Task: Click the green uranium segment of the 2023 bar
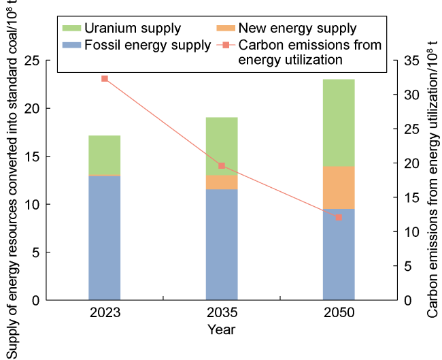[105, 154]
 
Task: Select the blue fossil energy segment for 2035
[222, 244]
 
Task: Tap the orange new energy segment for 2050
[339, 187]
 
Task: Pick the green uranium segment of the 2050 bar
[339, 122]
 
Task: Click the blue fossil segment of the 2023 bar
[105, 238]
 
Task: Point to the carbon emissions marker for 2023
[105, 79]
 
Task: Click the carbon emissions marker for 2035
[222, 166]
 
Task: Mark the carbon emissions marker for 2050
[339, 217]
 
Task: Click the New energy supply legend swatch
[227, 29]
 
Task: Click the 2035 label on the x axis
[222, 314]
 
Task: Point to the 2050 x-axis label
[339, 314]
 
